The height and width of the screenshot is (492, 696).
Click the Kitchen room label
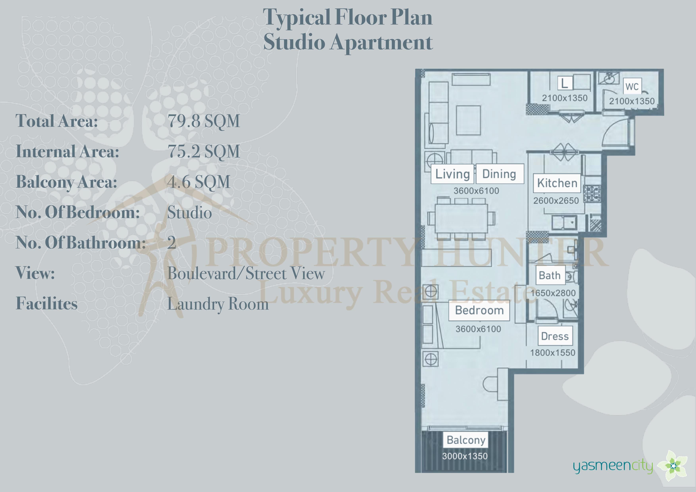point(557,183)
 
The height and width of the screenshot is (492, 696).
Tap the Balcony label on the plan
point(466,440)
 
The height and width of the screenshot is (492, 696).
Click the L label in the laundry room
point(564,83)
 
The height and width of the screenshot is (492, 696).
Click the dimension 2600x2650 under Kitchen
point(556,201)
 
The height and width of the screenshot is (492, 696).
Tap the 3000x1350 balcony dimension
point(465,456)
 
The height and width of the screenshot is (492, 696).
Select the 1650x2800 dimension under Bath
point(553,293)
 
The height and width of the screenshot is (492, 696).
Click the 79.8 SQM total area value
point(204,121)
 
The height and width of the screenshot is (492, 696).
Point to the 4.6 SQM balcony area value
point(199,182)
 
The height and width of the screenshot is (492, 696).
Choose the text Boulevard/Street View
point(246,273)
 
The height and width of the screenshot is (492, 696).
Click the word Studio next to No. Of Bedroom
point(189,212)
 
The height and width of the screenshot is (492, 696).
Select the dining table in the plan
point(461,218)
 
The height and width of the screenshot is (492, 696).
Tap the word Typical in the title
point(296,18)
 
